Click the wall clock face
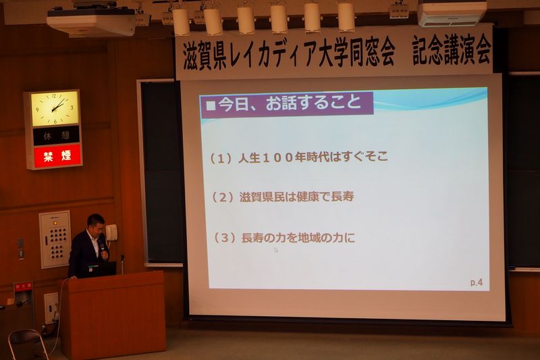click(55, 109)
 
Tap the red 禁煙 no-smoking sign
click(57, 156)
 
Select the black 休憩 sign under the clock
click(57, 136)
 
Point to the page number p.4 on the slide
click(477, 282)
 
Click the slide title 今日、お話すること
click(290, 103)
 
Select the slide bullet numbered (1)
click(299, 158)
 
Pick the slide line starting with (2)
click(282, 197)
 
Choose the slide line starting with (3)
click(284, 238)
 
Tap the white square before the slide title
click(211, 105)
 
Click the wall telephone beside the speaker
click(111, 232)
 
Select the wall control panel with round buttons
click(55, 239)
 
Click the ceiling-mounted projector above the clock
click(91, 22)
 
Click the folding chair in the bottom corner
click(28, 345)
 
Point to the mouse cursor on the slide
click(276, 250)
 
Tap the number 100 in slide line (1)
click(278, 158)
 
